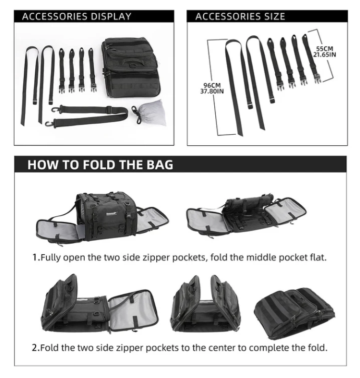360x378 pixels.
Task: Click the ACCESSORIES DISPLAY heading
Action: click(x=77, y=16)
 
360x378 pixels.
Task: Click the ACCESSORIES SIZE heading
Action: click(x=240, y=16)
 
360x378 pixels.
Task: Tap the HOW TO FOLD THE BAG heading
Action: click(x=100, y=165)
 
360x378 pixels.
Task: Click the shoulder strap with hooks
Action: click(x=89, y=116)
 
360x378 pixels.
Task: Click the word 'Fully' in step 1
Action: click(x=51, y=258)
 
